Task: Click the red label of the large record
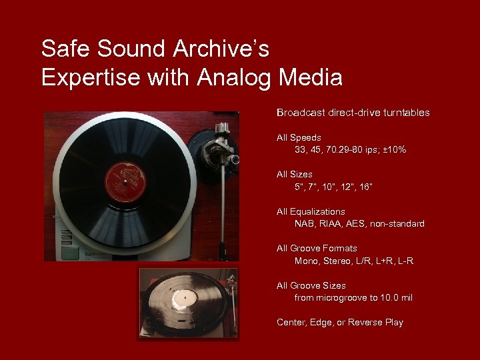tap(125, 181)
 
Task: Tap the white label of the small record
tap(180, 297)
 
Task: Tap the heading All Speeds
tap(299, 137)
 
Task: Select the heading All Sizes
tap(295, 174)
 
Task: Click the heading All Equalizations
tap(311, 211)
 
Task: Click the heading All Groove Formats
tap(317, 248)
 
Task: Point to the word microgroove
tap(346, 297)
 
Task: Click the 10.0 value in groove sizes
tap(389, 297)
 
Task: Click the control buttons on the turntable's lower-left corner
tap(69, 251)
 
